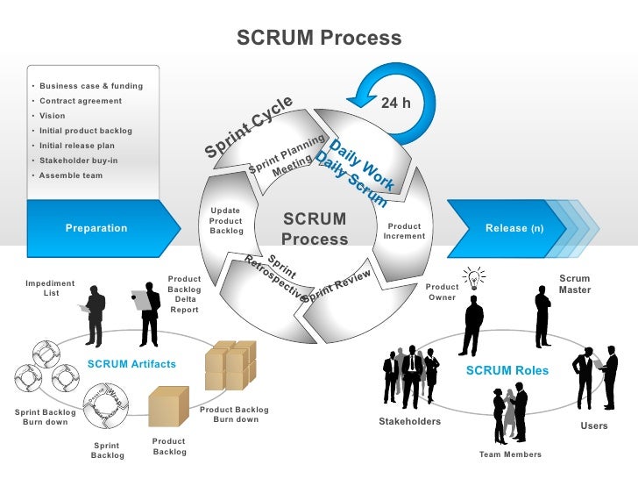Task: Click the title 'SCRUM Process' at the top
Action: pyautogui.click(x=319, y=39)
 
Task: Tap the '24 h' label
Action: pyautogui.click(x=395, y=104)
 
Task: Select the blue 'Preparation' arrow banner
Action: pyautogui.click(x=96, y=228)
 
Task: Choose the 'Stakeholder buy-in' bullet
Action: pyautogui.click(x=79, y=161)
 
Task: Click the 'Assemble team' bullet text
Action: pyautogui.click(x=71, y=175)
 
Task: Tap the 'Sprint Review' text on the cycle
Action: pyautogui.click(x=338, y=285)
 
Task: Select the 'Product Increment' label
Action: pyautogui.click(x=405, y=231)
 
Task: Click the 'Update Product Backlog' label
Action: pyautogui.click(x=226, y=221)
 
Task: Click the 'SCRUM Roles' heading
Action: pyautogui.click(x=507, y=370)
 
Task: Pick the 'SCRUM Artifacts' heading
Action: pyautogui.click(x=131, y=364)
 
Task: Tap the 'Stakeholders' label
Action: pyautogui.click(x=409, y=422)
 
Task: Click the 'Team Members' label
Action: pyautogui.click(x=510, y=454)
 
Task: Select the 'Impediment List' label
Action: pyautogui.click(x=50, y=288)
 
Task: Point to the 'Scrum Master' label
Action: pyautogui.click(x=575, y=284)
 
